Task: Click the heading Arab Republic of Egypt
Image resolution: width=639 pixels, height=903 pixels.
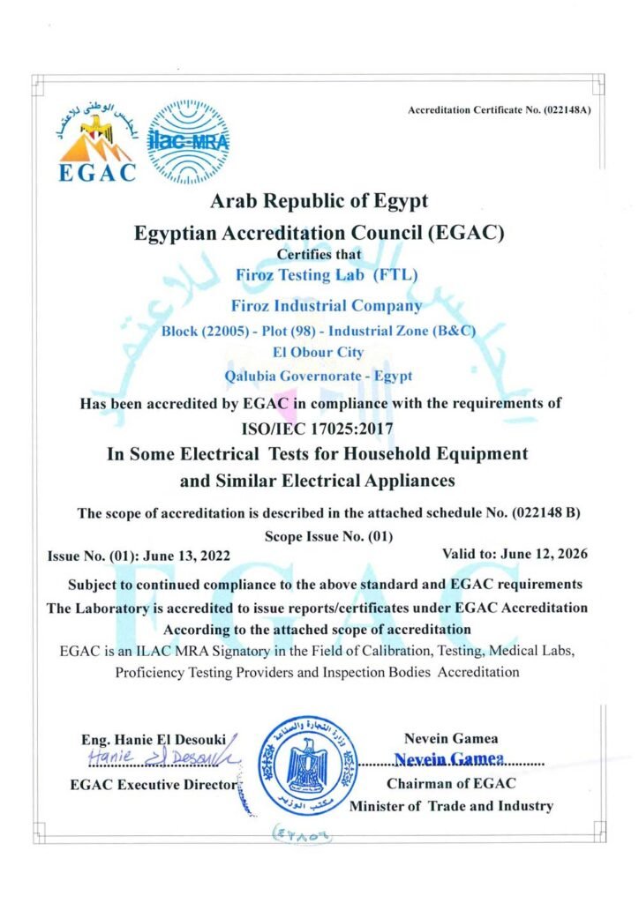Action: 319,201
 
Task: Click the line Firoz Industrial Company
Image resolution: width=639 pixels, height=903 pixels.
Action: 326,306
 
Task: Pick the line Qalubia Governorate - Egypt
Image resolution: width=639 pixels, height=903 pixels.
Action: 319,376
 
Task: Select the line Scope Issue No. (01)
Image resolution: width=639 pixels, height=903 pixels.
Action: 328,535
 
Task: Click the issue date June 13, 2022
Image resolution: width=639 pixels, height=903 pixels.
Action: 184,556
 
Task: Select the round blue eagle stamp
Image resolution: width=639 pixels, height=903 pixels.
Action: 308,763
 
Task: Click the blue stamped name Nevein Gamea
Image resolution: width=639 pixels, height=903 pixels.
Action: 449,759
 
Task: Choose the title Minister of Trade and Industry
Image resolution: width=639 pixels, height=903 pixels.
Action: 451,805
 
